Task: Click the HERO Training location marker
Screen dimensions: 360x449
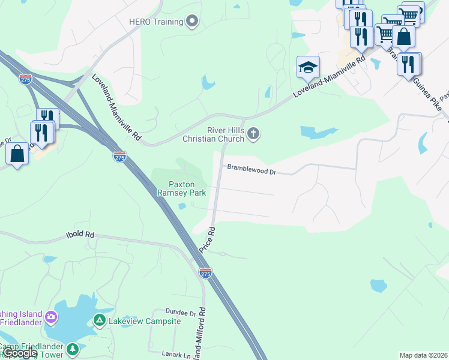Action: [x=193, y=22]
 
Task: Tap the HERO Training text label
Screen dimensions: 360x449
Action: [x=155, y=22]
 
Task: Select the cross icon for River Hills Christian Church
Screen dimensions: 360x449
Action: [x=253, y=134]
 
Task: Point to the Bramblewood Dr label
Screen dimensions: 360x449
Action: [x=251, y=172]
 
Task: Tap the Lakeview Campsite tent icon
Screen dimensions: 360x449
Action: [x=100, y=321]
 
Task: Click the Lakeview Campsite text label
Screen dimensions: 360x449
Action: [x=145, y=322]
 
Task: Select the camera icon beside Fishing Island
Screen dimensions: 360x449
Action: [x=51, y=316]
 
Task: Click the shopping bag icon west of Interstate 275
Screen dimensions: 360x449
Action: [x=17, y=153]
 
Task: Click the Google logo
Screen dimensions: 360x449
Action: [x=20, y=353]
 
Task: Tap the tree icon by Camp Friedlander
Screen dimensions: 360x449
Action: [x=73, y=348]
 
